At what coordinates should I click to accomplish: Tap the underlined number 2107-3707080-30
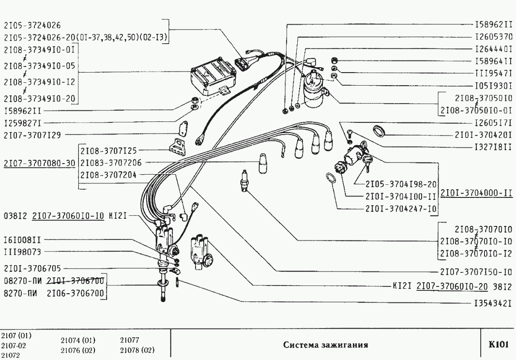[39, 163]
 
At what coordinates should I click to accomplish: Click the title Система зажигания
[326, 345]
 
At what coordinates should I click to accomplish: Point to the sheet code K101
[499, 345]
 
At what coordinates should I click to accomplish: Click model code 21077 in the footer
[130, 340]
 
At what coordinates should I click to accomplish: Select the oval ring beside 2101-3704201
[380, 131]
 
